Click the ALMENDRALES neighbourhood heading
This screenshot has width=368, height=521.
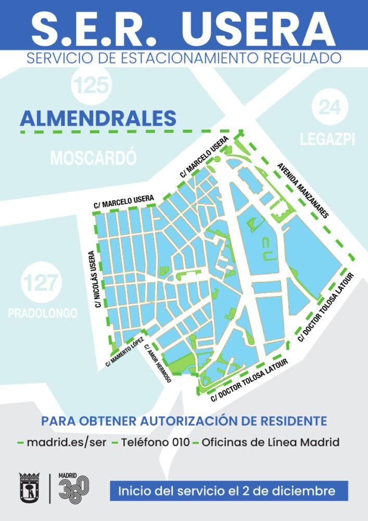coord(98,118)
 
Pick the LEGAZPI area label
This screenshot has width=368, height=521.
coord(328,140)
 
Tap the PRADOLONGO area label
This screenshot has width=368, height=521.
coord(43,313)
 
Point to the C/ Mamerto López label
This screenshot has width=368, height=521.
coord(125,352)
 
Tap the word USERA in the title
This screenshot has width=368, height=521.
coord(259,27)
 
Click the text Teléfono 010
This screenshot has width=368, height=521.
coord(152,443)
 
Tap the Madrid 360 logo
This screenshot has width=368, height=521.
coord(73,488)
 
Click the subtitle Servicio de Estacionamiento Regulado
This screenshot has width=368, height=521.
coord(184,58)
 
